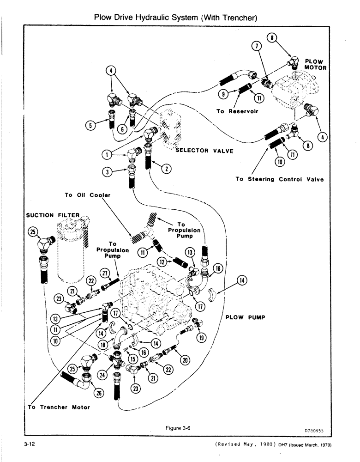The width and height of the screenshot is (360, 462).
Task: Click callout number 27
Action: tap(105, 274)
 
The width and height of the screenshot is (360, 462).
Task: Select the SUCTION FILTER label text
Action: tap(53, 215)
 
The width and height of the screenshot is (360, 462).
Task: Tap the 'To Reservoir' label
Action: tap(237, 111)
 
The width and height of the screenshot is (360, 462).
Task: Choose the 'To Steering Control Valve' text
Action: tap(279, 179)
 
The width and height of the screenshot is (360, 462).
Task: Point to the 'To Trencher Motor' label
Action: tap(59, 407)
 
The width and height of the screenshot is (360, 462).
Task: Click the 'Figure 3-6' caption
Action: tap(178, 428)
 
